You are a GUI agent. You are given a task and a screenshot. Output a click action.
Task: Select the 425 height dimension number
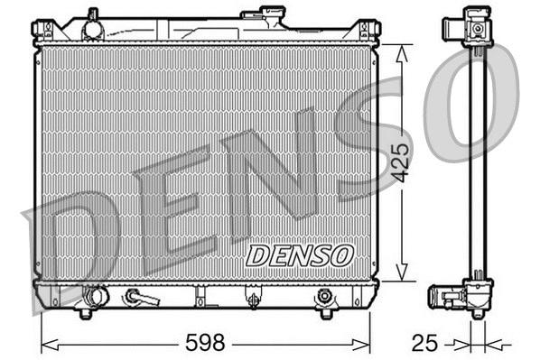(x=403, y=162)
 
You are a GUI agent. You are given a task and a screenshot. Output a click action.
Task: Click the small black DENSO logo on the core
(x=299, y=255)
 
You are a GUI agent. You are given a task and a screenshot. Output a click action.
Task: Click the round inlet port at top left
(x=92, y=28)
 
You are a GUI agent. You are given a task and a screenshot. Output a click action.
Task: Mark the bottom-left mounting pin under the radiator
(x=85, y=313)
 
